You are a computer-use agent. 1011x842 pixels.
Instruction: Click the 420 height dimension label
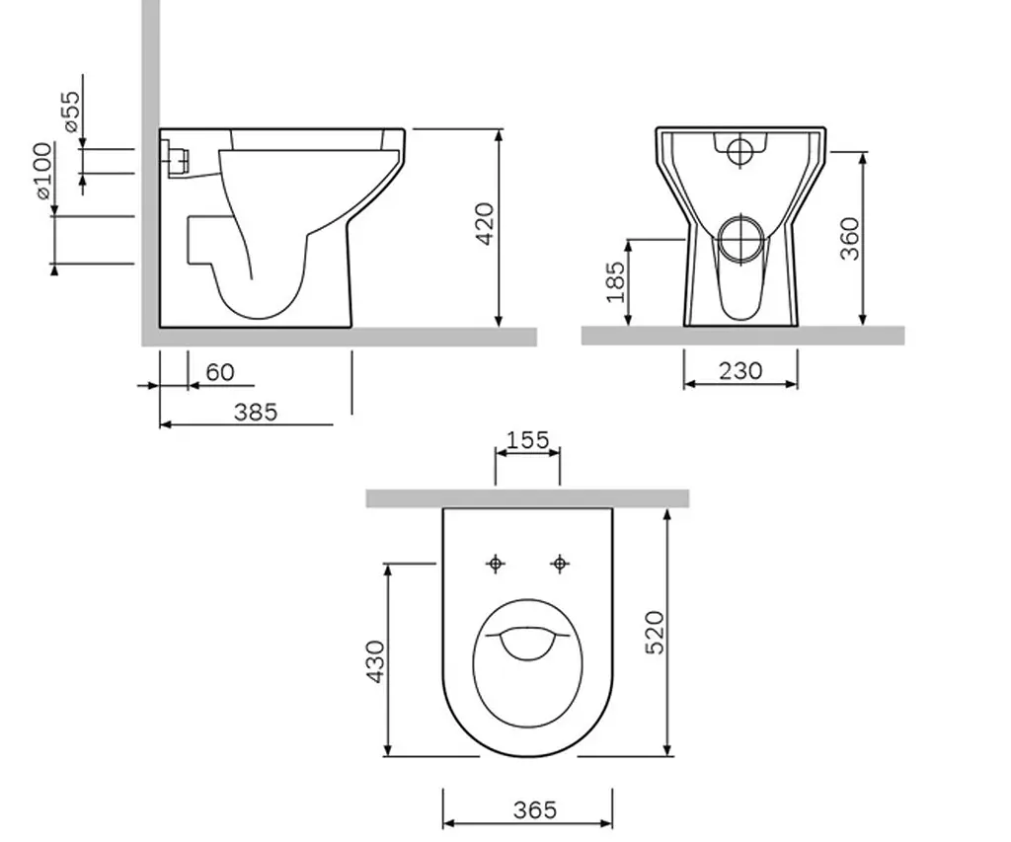tap(485, 224)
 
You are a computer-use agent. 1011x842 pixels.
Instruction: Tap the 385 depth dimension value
tap(256, 412)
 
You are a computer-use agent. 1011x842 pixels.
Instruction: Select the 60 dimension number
tap(220, 372)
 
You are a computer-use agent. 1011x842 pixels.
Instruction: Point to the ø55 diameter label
tap(72, 111)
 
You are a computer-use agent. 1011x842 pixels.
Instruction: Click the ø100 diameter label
tap(43, 170)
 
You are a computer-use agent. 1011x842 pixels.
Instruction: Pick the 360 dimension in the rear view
tap(850, 239)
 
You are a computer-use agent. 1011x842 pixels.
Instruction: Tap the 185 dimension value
tap(615, 281)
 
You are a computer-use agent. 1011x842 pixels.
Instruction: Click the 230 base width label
tap(740, 371)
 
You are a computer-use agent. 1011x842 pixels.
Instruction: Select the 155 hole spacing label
tap(527, 440)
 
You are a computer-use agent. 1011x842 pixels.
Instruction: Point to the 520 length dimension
tap(654, 633)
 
